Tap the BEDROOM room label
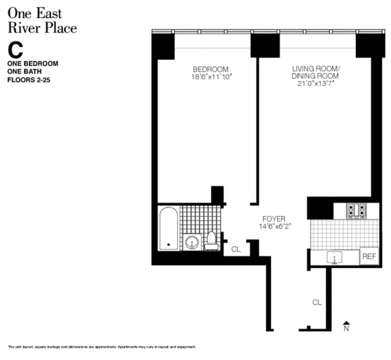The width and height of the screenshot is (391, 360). click(211, 69)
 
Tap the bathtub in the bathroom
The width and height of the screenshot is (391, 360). click(169, 228)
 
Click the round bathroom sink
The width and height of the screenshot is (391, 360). click(192, 242)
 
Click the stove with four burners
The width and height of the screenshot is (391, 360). click(355, 211)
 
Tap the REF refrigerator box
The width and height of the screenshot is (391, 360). click(369, 256)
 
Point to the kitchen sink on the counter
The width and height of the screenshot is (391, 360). click(335, 258)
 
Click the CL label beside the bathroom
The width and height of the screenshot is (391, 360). click(236, 248)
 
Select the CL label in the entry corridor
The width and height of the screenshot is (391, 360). click(317, 303)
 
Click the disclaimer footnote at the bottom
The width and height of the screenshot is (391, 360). click(102, 347)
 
